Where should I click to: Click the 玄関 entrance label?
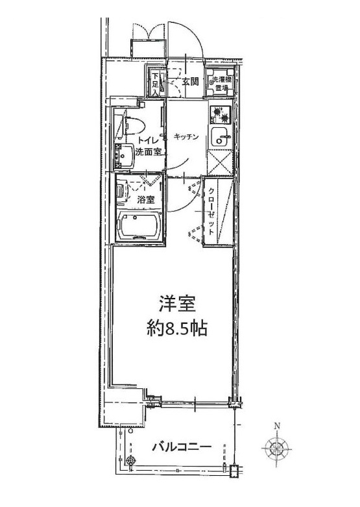point(190,82)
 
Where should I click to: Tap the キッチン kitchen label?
point(186,136)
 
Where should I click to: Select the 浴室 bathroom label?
point(145,201)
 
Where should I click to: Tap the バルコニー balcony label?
point(182,447)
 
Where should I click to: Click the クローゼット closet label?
point(213,210)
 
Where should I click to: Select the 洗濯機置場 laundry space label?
point(222,84)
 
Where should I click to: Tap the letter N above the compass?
point(277,427)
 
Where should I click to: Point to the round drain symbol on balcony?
point(132,460)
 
